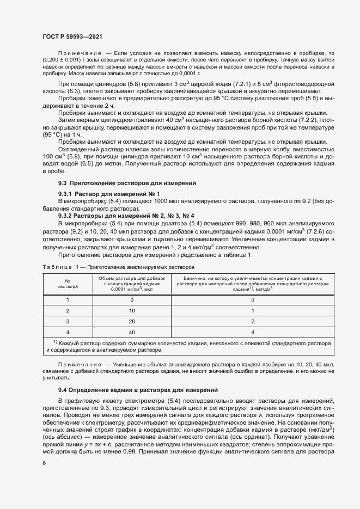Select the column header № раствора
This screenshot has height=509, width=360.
coord(68,283)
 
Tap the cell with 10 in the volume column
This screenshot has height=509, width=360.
coord(132,310)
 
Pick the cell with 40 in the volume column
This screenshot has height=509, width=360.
coord(132,331)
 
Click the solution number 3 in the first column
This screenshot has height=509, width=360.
coord(68,321)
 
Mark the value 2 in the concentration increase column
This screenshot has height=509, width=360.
coord(253,321)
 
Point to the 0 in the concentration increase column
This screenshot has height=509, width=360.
coord(253,299)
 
